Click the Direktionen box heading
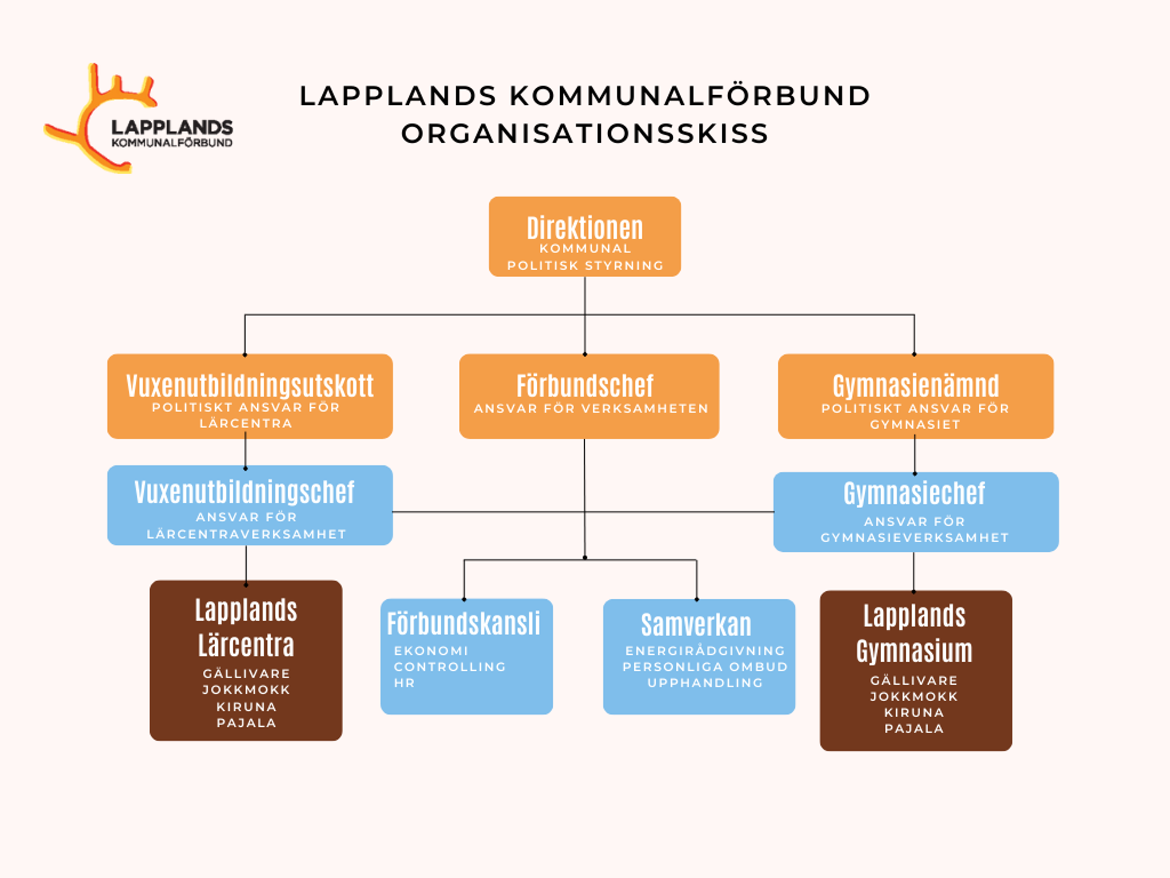584,229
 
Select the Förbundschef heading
584,386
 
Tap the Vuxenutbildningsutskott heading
250,386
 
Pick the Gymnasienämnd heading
915,386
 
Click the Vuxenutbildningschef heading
244,493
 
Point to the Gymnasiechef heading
914,494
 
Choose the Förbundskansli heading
464,624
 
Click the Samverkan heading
696,625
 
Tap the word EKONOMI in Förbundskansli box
431,651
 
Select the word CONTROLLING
450,667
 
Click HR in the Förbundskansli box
404,683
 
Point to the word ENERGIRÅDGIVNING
705,651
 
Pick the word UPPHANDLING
705,683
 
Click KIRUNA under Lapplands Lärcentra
246,707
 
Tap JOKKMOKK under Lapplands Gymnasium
914,696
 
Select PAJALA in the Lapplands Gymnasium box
914,729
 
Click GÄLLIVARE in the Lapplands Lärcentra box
246,674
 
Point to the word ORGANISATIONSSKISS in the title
584,134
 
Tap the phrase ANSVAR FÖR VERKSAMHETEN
591,409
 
